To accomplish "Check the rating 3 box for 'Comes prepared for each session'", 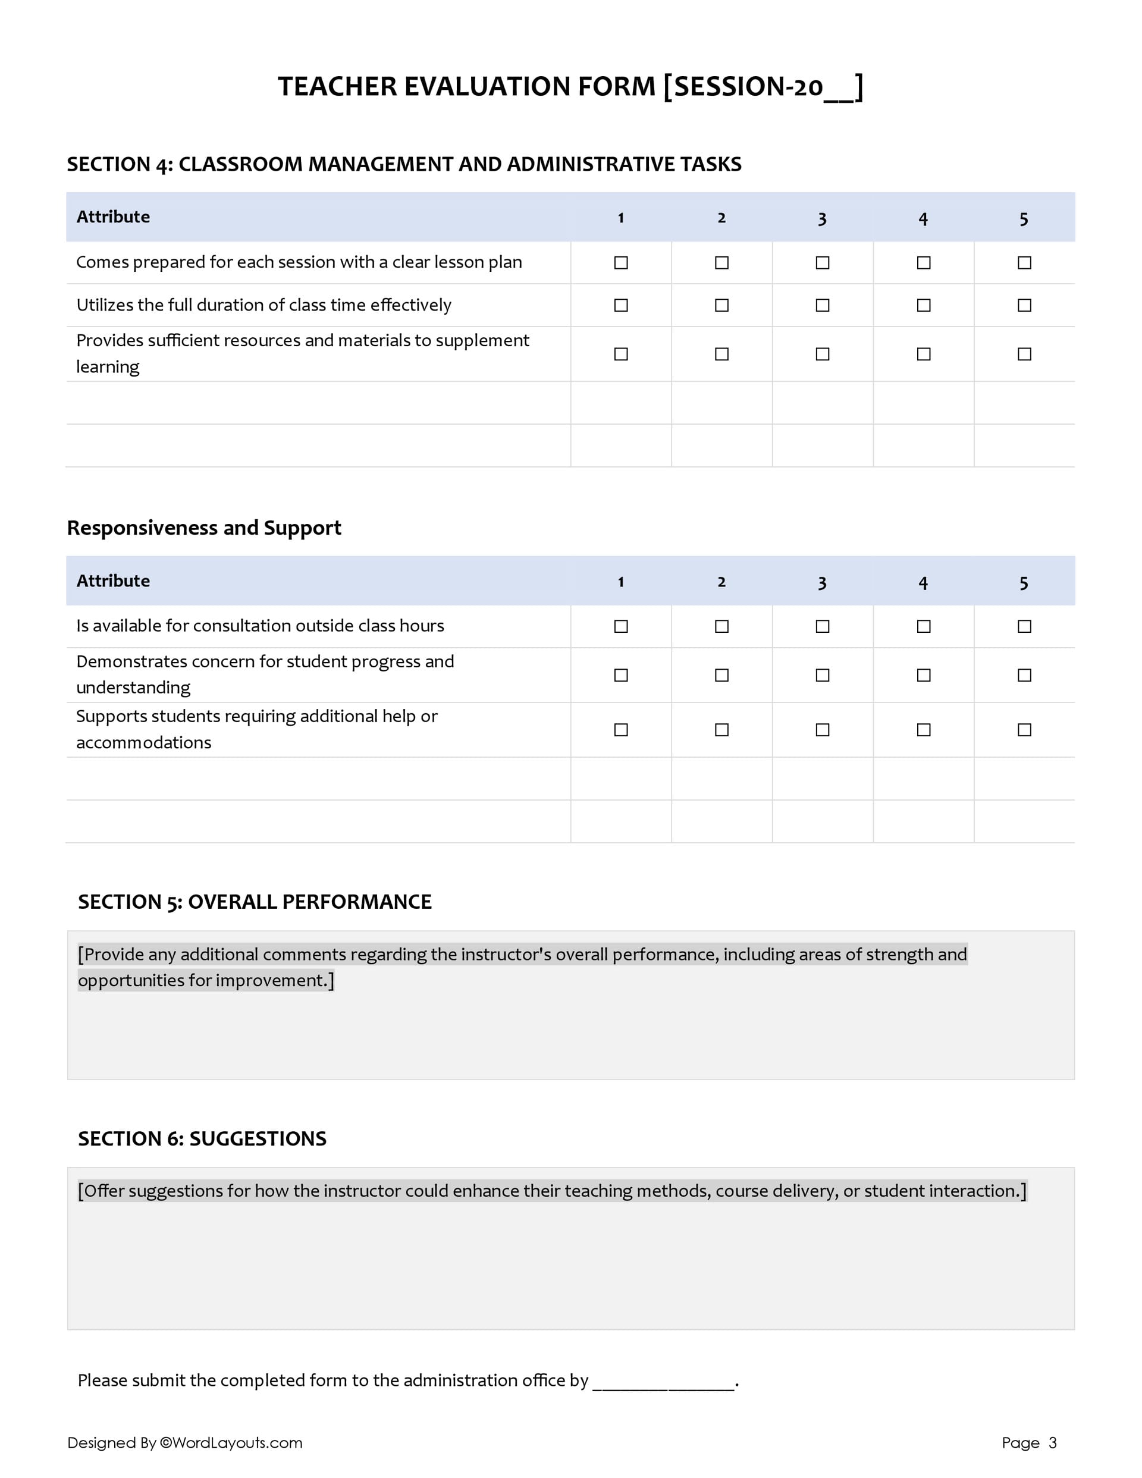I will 822,262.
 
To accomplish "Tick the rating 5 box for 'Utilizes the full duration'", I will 1024,305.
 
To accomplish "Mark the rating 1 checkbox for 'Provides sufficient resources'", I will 620,354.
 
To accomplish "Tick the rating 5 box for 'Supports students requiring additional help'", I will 1024,730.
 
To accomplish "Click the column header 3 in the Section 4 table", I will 822,218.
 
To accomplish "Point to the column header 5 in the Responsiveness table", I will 1024,582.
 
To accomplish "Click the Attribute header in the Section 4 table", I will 113,216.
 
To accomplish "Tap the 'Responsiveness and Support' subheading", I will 204,528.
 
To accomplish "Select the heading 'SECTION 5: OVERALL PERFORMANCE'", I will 255,902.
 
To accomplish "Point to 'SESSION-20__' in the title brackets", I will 763,87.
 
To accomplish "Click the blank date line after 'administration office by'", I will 663,1381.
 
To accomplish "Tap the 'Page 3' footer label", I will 1028,1443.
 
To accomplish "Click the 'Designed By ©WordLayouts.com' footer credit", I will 185,1443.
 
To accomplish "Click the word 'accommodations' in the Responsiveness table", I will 143,743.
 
